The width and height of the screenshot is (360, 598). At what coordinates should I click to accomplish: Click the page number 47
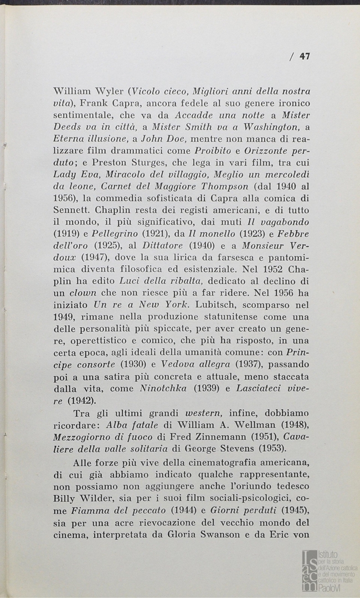pos(304,55)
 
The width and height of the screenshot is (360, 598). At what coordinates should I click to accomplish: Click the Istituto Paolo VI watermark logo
pos(329,570)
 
